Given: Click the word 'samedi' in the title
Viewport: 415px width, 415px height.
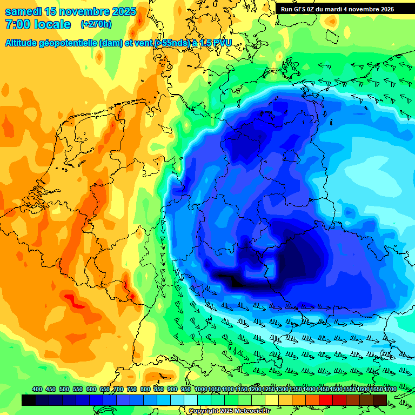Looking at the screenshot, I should coord(23,12).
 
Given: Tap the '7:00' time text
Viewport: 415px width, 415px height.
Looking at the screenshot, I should coord(18,24).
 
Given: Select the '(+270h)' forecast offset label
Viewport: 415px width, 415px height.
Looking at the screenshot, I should coord(96,24).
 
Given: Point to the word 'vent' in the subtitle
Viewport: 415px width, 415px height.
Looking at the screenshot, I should coord(139,43).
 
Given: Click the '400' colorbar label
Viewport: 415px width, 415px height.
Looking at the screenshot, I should coord(37,390).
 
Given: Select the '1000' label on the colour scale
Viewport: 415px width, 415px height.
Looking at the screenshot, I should coord(200,390).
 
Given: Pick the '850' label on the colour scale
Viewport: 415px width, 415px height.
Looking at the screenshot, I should coord(159,390).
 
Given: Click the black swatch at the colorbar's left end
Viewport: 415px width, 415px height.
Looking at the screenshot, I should coord(29,400).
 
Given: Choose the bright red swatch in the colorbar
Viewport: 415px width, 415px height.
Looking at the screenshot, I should coord(326,400).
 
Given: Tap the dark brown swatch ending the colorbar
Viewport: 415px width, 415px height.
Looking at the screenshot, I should coord(380,400).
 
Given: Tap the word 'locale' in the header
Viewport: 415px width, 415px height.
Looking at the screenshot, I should coord(53,24).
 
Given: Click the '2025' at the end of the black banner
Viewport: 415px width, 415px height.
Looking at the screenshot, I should coord(387,9).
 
